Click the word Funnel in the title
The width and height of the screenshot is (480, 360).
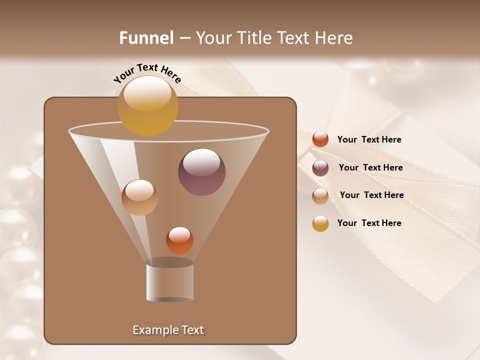click(x=146, y=38)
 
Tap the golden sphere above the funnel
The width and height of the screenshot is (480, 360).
click(x=147, y=105)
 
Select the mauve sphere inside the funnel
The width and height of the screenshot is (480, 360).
click(x=201, y=172)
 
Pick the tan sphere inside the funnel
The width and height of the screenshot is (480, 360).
click(x=139, y=197)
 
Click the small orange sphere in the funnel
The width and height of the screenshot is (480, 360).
click(x=179, y=240)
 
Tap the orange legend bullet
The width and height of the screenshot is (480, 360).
click(x=320, y=139)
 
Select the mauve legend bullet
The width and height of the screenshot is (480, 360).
click(x=320, y=167)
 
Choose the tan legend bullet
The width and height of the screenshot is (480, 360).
click(x=320, y=195)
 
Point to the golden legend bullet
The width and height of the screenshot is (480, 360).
click(x=320, y=223)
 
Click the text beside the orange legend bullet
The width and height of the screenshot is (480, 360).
click(x=369, y=140)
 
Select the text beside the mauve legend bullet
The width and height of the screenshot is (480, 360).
click(x=370, y=168)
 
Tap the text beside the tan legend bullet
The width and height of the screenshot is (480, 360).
click(x=371, y=195)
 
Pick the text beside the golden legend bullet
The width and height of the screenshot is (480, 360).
click(x=369, y=223)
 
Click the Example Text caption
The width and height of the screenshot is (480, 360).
click(x=168, y=330)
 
